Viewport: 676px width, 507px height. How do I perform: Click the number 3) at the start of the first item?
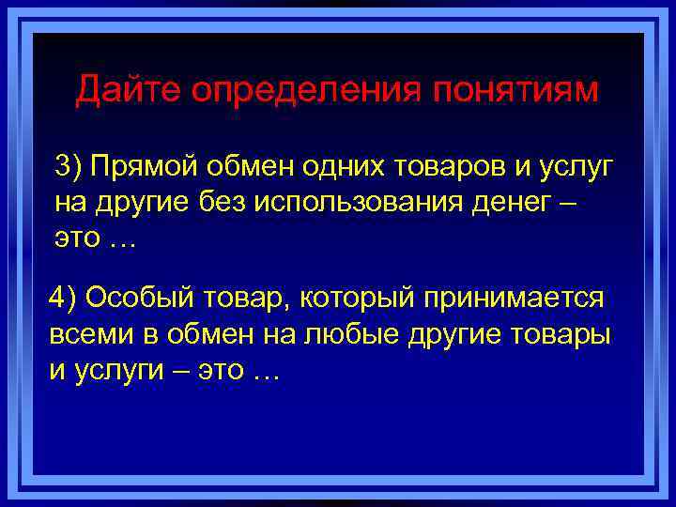click(69, 167)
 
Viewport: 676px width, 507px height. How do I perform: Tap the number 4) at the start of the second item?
click(64, 299)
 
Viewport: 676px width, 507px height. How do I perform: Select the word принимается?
click(513, 300)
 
